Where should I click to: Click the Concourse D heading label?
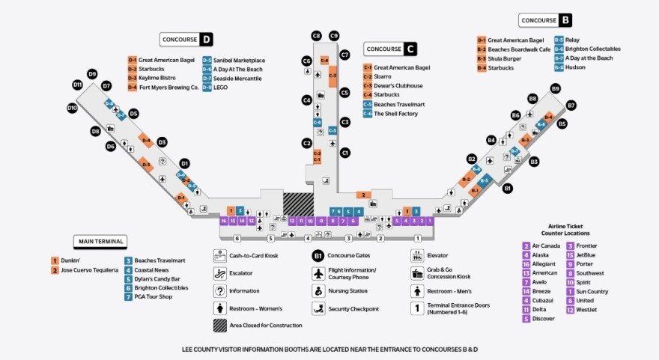186,39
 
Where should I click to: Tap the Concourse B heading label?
545,20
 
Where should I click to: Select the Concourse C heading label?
390,49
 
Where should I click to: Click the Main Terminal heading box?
100,241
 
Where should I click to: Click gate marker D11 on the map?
77,85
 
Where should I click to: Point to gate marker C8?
316,35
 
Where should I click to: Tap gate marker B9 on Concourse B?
555,88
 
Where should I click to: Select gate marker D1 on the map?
184,162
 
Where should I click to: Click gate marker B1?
507,188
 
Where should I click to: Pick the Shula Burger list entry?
502,58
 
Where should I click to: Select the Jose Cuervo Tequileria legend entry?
85,269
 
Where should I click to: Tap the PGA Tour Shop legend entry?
154,297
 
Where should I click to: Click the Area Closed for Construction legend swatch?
220,326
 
